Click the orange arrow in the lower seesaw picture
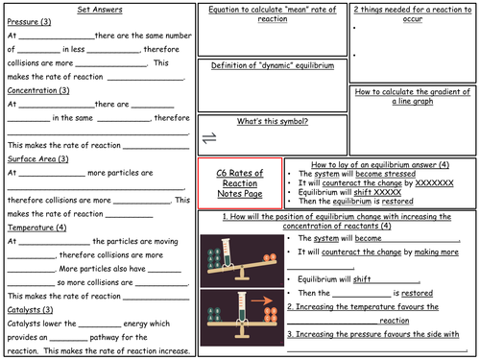(261, 310)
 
